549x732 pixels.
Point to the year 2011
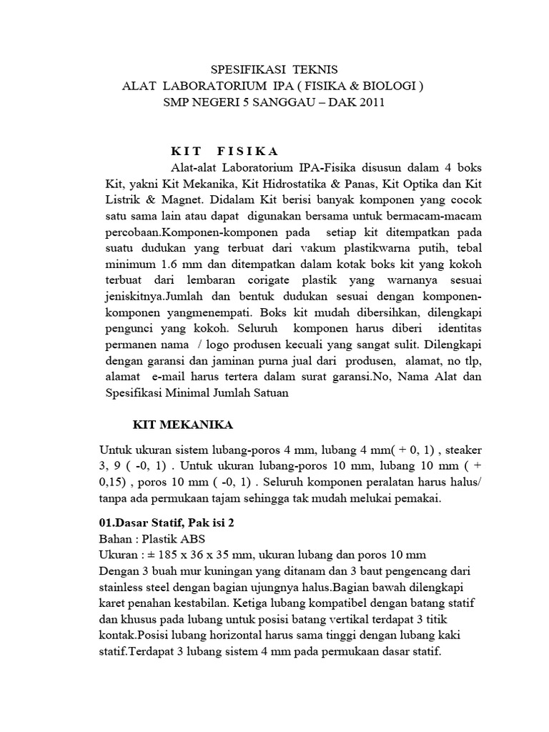pyautogui.click(x=370, y=103)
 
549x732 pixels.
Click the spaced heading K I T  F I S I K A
pyautogui.click(x=224, y=151)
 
